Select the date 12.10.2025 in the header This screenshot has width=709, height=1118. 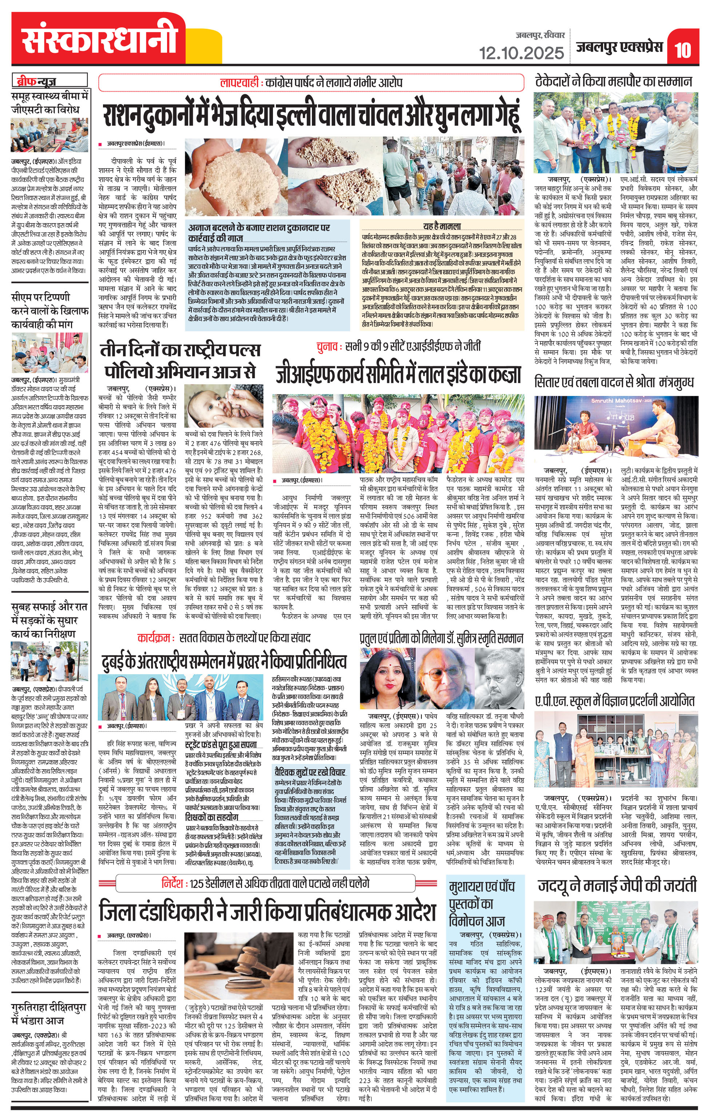point(522,52)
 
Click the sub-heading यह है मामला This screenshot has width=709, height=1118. point(441,226)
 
